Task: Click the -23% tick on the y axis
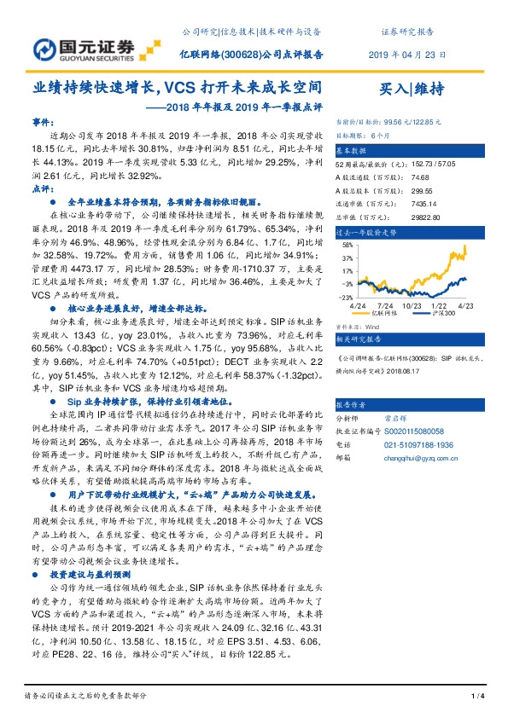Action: (x=345, y=297)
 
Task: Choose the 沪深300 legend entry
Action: (x=445, y=314)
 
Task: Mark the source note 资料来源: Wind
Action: (x=357, y=325)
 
